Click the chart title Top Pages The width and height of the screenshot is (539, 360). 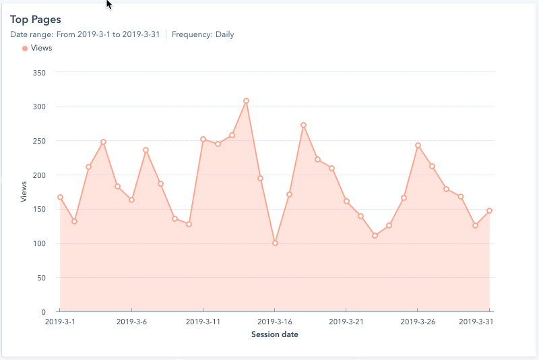tap(35, 20)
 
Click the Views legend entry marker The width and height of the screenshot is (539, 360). tap(25, 49)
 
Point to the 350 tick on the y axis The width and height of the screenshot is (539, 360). tap(38, 72)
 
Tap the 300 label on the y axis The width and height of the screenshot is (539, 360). tap(38, 107)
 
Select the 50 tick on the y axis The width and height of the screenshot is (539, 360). tap(40, 278)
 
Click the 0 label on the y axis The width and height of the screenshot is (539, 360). tap(42, 312)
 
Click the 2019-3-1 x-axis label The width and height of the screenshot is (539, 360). tap(60, 322)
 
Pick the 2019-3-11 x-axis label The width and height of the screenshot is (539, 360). tap(203, 322)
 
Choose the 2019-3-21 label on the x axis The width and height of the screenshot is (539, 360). tap(346, 322)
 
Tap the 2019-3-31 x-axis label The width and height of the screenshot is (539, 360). tap(476, 322)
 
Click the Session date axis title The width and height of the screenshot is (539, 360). tap(274, 334)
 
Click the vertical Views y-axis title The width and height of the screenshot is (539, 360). tap(24, 192)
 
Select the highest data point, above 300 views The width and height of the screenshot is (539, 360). tap(246, 100)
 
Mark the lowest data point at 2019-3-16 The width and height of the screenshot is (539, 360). tap(275, 243)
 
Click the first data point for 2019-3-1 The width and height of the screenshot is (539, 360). tap(60, 198)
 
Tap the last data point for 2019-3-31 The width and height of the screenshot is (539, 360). tap(490, 210)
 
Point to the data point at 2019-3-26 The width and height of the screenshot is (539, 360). tap(418, 145)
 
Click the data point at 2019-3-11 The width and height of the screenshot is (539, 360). tap(203, 139)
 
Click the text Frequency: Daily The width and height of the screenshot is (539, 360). tap(203, 34)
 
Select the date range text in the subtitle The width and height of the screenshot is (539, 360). tap(85, 34)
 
